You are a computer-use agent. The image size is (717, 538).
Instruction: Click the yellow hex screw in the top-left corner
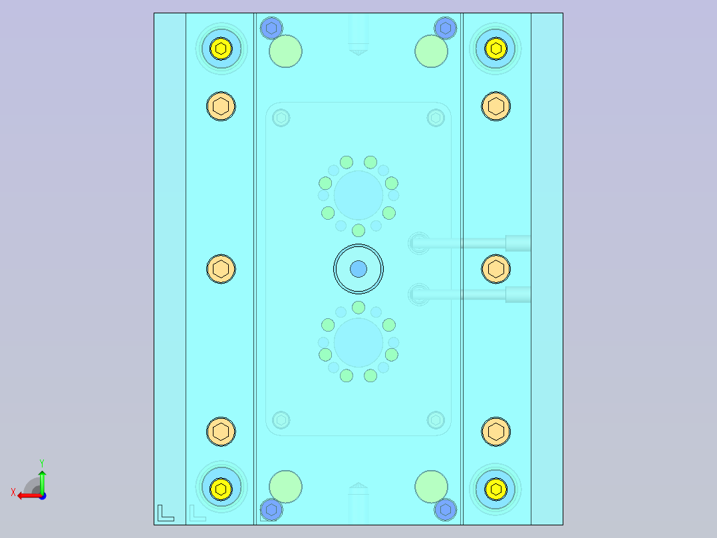point(220,48)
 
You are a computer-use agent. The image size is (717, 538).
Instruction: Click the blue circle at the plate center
point(358,269)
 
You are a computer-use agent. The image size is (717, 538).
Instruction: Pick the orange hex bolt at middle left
point(221,269)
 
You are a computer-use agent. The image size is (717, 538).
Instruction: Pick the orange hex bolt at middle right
point(496,269)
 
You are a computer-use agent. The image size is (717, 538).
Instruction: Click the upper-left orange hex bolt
point(221,106)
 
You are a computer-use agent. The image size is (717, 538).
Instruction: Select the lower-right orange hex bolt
point(496,432)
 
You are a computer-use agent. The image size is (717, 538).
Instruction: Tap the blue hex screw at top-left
point(270,28)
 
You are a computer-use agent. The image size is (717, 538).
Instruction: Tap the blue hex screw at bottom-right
point(445,510)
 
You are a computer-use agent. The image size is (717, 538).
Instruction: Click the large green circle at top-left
point(285,51)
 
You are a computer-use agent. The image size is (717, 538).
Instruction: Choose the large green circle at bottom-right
point(431,487)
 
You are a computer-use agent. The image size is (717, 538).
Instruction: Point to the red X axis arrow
point(27,495)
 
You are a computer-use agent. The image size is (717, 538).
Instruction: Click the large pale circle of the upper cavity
point(358,195)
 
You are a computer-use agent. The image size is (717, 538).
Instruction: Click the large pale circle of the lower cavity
point(358,342)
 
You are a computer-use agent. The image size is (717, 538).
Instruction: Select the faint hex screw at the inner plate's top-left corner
point(281,118)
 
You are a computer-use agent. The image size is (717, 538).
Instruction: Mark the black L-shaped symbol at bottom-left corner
point(165,513)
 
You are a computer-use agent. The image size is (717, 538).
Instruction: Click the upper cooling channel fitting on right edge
point(517,243)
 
